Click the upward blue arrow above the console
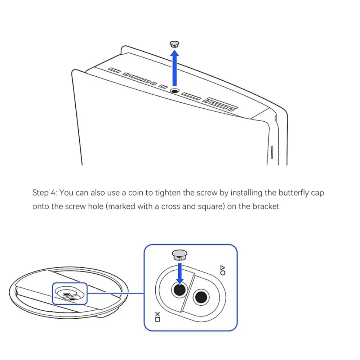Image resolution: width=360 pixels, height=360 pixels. coord(175,68)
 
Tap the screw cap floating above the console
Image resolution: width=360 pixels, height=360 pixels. coord(174,44)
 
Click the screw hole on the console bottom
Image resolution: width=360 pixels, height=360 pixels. coord(175,91)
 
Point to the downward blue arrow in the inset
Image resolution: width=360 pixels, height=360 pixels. coord(180,274)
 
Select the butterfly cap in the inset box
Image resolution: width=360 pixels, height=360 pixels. coord(179,255)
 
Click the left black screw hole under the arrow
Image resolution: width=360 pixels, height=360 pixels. coord(180,290)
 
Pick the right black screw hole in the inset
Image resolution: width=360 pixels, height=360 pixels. coord(201,297)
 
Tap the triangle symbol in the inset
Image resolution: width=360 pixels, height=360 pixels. coord(223,268)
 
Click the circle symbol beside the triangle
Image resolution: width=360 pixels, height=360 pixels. coord(223,273)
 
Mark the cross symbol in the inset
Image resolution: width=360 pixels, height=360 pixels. coord(157,314)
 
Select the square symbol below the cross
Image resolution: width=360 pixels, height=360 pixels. coord(157,319)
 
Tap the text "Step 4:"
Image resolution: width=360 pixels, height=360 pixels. coord(45,193)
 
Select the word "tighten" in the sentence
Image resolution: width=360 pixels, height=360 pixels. coord(168,193)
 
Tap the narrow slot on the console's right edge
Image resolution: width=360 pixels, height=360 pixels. coord(272,152)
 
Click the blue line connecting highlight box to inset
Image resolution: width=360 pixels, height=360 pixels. coord(116,293)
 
